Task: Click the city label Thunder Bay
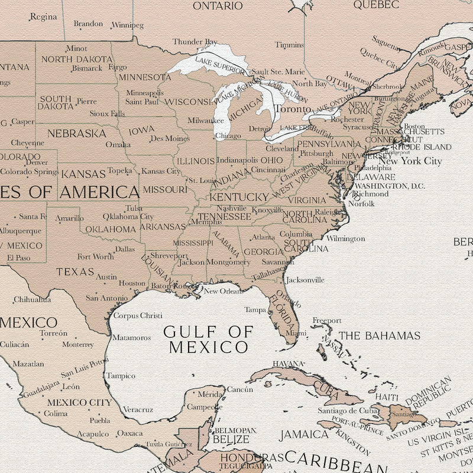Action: tap(195, 42)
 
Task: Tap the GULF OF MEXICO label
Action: tap(208, 339)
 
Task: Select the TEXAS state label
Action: tap(75, 272)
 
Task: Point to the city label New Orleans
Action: tap(223, 291)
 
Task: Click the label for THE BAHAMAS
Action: tap(379, 335)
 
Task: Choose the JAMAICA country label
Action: tap(304, 434)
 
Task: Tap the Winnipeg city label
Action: tap(127, 25)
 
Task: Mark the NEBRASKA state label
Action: tap(77, 133)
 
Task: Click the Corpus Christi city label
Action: tap(138, 316)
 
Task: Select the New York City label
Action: tap(410, 161)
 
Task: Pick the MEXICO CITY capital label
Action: tap(79, 402)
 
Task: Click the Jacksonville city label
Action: tap(305, 280)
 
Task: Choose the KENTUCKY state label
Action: tap(239, 196)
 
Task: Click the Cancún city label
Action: tap(240, 389)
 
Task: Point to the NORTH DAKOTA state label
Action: tap(76, 59)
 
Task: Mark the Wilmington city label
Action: tap(345, 238)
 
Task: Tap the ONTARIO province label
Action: tap(218, 6)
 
